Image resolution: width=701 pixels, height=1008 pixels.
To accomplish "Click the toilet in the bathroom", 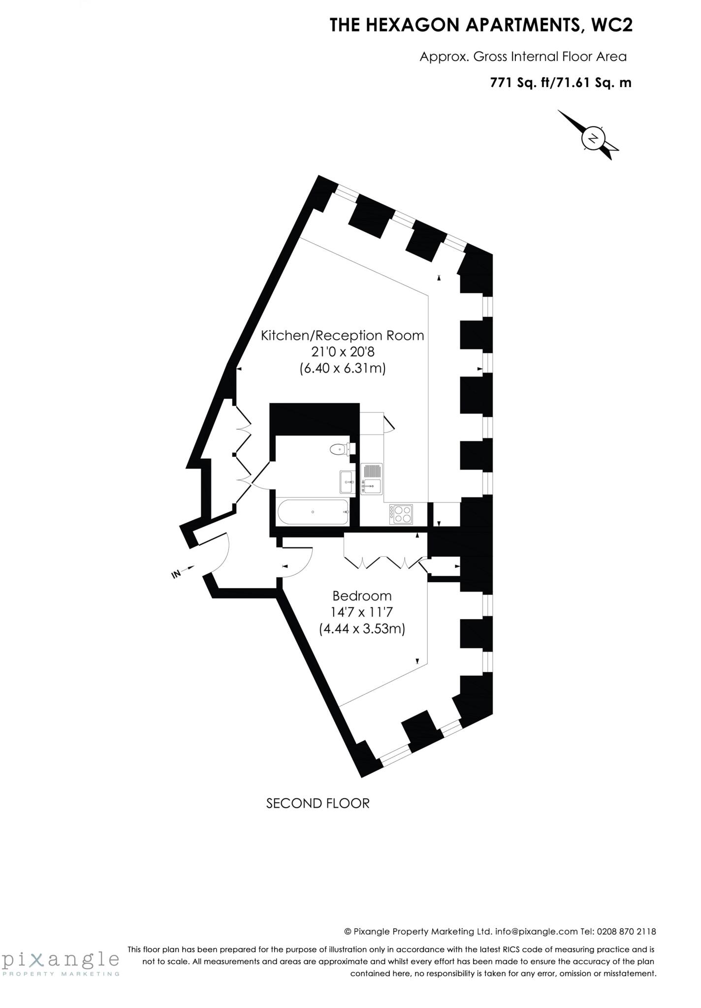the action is (x=341, y=448).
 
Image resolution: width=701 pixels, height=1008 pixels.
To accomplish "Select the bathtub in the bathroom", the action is (x=314, y=512).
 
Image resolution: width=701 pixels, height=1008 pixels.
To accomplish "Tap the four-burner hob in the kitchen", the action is (x=401, y=514).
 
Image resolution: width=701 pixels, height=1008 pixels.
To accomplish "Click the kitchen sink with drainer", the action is (x=372, y=478).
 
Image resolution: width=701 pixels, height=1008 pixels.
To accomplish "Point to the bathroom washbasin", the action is (x=346, y=481).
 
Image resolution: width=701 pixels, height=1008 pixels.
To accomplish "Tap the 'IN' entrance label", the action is (x=176, y=573).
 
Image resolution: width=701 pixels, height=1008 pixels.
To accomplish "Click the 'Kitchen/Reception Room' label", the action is (x=342, y=335).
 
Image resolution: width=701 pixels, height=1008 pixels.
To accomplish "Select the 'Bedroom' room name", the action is (x=362, y=596).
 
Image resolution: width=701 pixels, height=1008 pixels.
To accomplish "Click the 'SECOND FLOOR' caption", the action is (x=318, y=803).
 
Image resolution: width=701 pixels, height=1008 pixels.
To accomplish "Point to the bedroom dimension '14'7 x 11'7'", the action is (x=362, y=612).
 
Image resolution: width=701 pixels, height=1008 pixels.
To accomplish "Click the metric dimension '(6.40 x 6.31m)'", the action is (x=342, y=368).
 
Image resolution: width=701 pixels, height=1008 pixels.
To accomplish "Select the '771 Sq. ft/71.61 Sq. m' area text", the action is (x=560, y=82).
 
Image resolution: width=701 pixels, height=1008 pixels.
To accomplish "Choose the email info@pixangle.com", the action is (x=536, y=931).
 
